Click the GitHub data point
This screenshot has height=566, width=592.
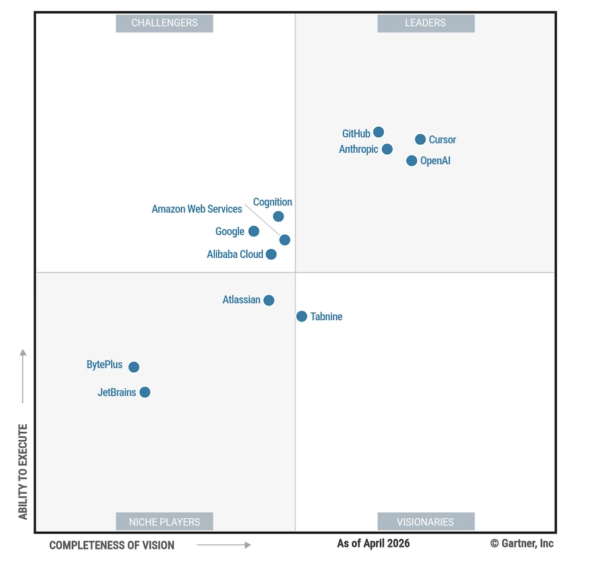pos(378,132)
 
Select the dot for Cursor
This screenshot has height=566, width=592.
pos(420,140)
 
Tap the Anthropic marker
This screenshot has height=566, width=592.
pos(387,149)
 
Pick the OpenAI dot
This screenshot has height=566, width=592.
pos(412,161)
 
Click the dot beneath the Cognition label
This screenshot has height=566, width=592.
pos(278,217)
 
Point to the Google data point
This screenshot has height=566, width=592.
pos(253,231)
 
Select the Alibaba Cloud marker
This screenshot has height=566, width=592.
pos(271,254)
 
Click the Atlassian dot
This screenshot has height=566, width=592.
pos(269,300)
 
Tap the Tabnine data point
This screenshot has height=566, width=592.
pos(302,316)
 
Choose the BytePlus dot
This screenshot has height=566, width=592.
pos(134,367)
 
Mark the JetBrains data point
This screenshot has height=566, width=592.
pos(144,392)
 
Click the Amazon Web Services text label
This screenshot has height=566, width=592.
pos(197,209)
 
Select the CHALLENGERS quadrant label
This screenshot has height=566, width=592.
pos(164,23)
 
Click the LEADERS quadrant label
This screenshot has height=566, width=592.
pos(426,23)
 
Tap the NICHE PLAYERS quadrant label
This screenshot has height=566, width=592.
pos(164,521)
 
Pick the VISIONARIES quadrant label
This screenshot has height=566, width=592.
pos(426,521)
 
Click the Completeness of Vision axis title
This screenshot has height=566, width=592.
pos(112,545)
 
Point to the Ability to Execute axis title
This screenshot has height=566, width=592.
pos(23,472)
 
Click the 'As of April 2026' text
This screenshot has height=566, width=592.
pos(373,543)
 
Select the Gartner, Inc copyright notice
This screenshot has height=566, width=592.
pos(521,543)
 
